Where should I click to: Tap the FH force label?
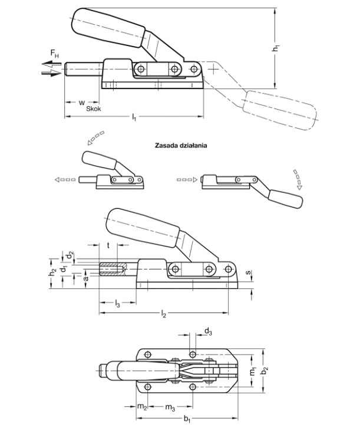54,53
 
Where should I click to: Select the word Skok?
94,108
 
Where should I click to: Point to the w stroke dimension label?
81,103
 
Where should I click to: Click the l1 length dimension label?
134,117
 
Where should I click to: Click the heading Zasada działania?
181,145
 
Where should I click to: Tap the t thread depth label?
108,245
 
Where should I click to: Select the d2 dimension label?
71,255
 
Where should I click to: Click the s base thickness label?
249,272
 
